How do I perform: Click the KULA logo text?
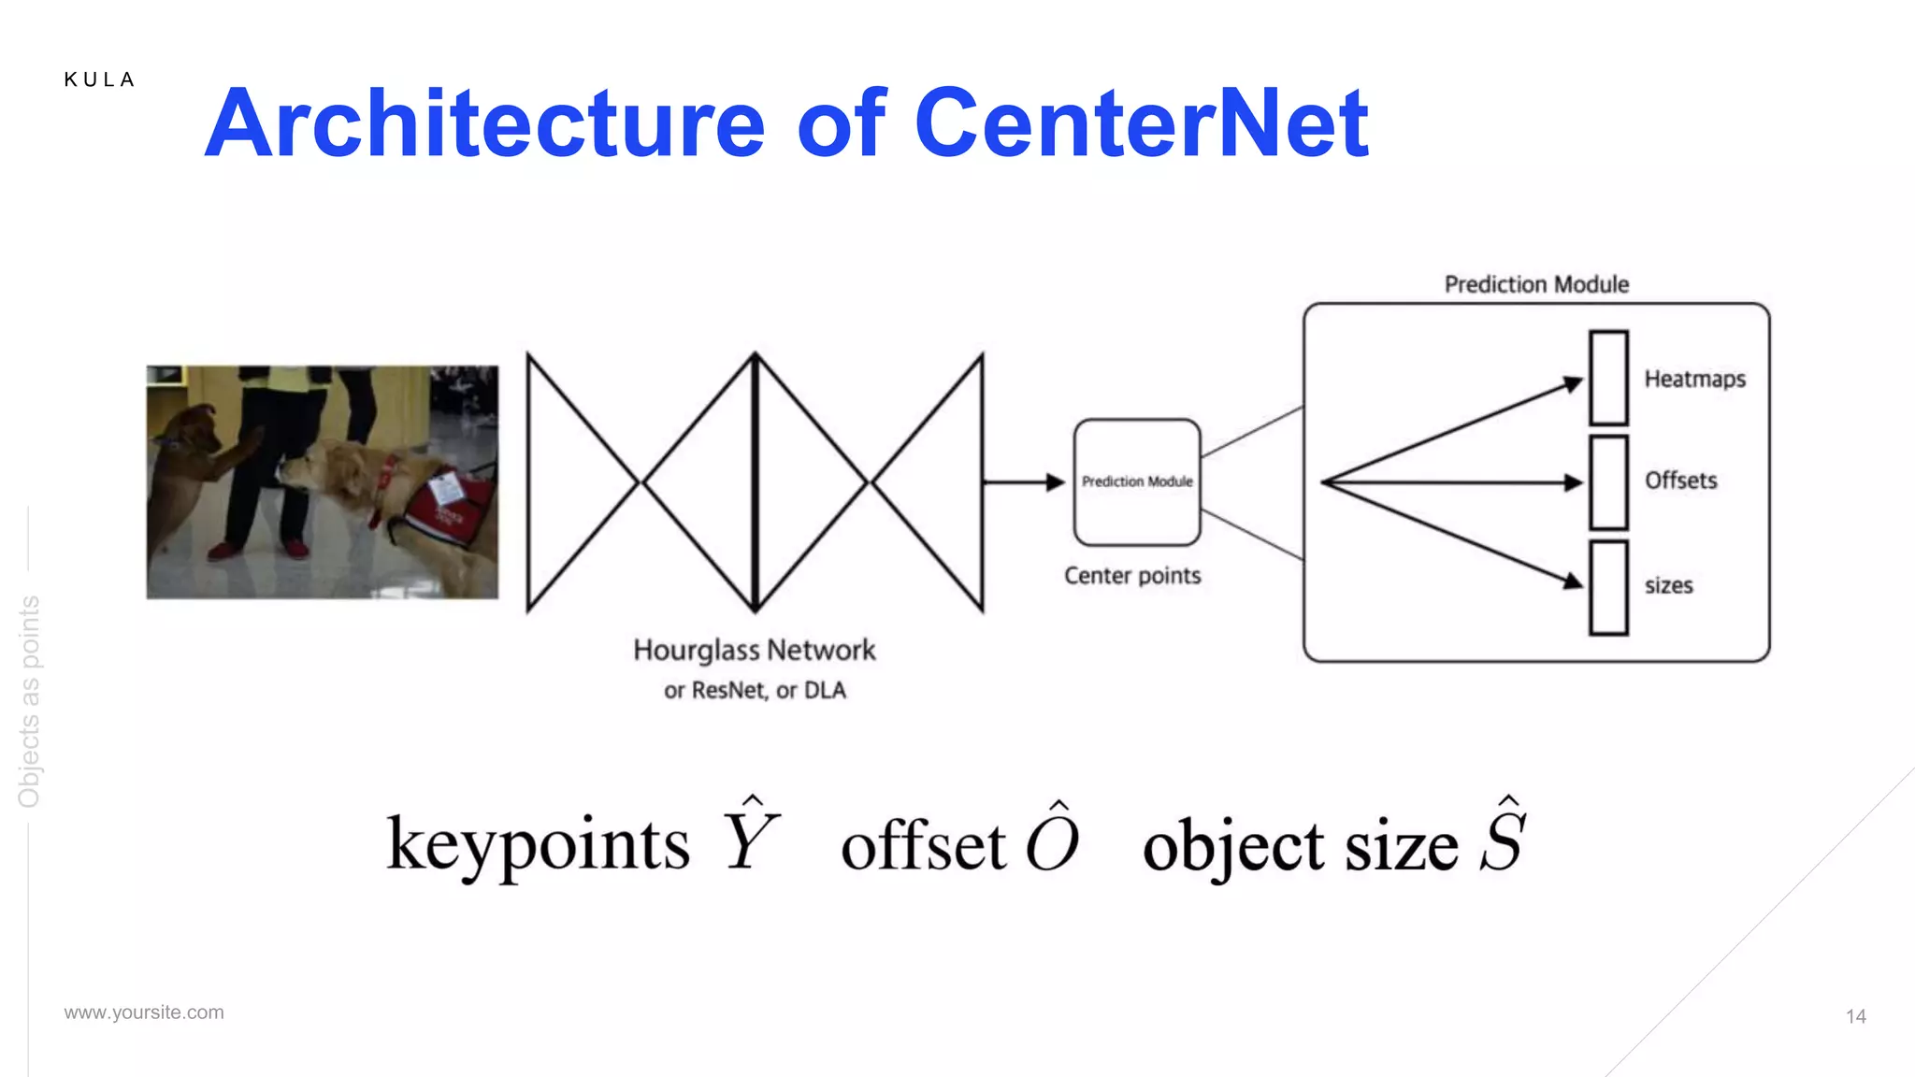click(99, 80)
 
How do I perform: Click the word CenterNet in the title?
click(1141, 123)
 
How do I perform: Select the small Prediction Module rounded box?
click(1137, 482)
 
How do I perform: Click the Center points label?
click(1132, 576)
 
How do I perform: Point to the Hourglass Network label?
click(754, 650)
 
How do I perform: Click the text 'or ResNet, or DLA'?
click(755, 691)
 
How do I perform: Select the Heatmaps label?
click(1694, 380)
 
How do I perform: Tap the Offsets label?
click(1680, 481)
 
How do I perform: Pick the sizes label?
click(1668, 586)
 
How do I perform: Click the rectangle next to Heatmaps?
click(1608, 378)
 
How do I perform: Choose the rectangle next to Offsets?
click(1608, 482)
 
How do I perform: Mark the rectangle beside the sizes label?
click(1608, 587)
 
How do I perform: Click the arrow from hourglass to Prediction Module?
click(1023, 482)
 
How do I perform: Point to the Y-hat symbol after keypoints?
click(750, 837)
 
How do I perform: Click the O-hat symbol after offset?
click(1053, 839)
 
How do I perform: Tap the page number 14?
click(1855, 1016)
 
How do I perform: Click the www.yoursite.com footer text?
click(144, 1012)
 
